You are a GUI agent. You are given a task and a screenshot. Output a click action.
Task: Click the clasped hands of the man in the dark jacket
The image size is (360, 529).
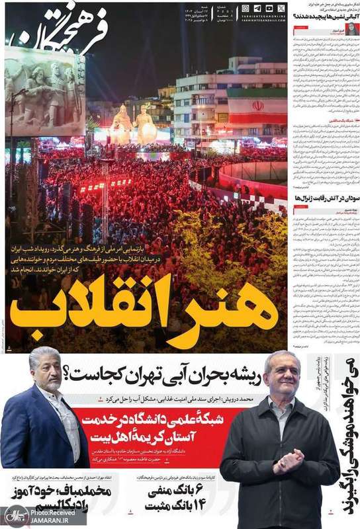(287, 461)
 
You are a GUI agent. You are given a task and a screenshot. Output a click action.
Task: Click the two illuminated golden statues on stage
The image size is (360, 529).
(132, 124)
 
